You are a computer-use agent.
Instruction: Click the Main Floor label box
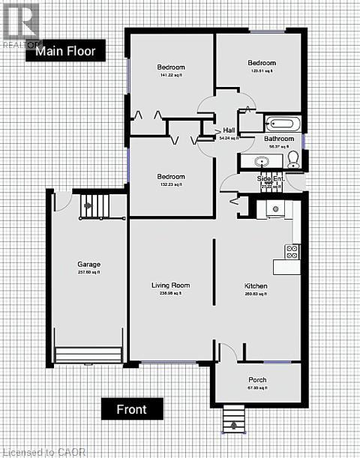66,51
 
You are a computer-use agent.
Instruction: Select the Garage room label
88,265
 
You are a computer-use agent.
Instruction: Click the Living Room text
171,285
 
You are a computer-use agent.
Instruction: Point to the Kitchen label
256,286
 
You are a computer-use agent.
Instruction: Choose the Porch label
257,379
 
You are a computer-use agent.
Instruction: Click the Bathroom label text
278,139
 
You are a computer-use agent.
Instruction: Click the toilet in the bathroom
293,157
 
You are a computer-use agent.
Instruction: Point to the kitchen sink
275,208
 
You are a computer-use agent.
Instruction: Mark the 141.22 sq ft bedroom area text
171,75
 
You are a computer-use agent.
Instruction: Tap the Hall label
228,130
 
